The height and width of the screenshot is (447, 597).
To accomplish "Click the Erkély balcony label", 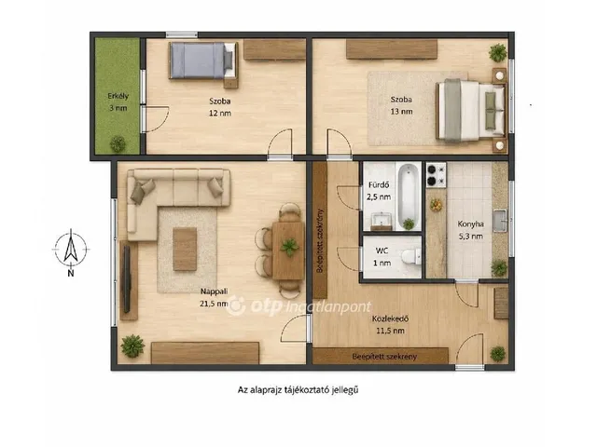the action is (x=118, y=96).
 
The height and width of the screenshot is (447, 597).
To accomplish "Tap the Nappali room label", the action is (x=214, y=291).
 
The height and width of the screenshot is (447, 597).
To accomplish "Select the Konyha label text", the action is (x=470, y=224).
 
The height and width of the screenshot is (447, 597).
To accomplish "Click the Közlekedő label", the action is (x=390, y=318).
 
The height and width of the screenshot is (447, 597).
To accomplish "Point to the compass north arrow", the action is (x=71, y=246).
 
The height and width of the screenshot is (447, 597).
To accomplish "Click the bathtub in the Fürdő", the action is (x=408, y=196).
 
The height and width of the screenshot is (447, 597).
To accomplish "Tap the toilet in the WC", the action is (x=411, y=257).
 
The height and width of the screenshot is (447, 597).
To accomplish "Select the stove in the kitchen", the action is (x=436, y=175).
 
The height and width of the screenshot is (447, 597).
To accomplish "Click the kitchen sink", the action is (x=500, y=221).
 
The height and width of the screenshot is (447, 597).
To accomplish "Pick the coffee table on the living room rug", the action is (x=185, y=249).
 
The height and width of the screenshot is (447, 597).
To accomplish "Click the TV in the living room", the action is (x=127, y=278).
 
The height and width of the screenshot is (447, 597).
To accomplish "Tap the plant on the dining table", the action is (x=290, y=247).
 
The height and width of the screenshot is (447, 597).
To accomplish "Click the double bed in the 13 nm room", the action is (x=471, y=111).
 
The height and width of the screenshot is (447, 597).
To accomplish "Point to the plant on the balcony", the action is (x=118, y=143).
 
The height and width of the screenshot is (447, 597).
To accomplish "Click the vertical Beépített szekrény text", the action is (x=320, y=240).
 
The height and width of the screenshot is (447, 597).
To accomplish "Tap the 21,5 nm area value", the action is (x=214, y=304).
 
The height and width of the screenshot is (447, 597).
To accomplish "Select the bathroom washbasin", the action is (x=382, y=222).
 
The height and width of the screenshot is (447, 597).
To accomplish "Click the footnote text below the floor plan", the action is (x=298, y=390).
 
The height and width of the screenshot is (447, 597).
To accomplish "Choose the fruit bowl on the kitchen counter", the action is (x=437, y=205).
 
